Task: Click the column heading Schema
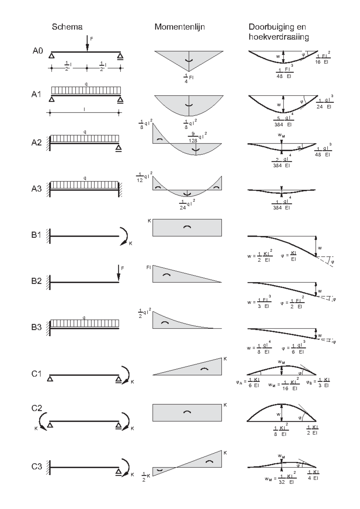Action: tap(67, 27)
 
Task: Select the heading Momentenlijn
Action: tap(179, 27)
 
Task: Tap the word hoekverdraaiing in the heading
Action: tap(279, 37)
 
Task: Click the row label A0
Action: tap(38, 51)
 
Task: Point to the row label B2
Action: tap(36, 281)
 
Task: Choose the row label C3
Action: tap(37, 466)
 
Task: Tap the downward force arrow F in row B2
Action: tap(118, 273)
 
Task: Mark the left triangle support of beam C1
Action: tap(50, 379)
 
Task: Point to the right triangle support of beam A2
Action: tap(119, 148)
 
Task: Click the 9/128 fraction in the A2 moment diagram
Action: tap(193, 137)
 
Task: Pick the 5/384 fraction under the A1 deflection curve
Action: tap(279, 121)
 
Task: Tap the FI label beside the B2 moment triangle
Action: tap(148, 267)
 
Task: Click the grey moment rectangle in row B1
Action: tap(187, 228)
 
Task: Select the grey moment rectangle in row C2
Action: tap(187, 413)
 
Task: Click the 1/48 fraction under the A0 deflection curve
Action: tap(280, 73)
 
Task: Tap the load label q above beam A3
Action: tap(85, 178)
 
